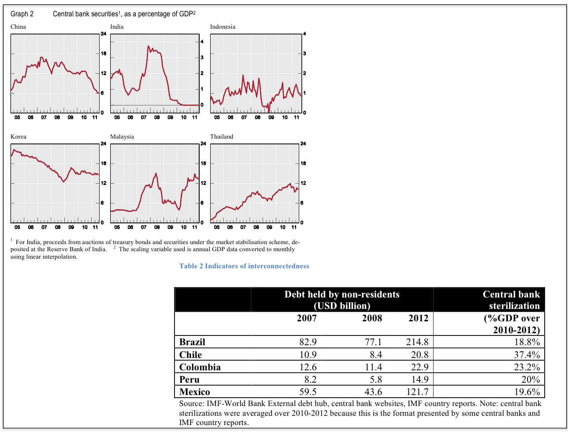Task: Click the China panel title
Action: click(x=18, y=27)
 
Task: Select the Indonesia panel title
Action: click(x=223, y=27)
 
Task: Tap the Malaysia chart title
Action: click(x=122, y=137)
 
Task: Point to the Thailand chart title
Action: click(x=222, y=137)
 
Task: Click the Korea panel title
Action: click(x=19, y=137)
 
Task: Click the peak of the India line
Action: click(x=148, y=46)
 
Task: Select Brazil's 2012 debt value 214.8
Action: click(x=417, y=342)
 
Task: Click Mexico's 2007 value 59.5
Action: click(x=307, y=392)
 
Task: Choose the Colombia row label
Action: click(x=200, y=367)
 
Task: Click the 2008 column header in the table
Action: click(x=372, y=318)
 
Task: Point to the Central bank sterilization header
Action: click(x=511, y=300)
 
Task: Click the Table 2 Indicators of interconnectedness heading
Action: click(x=244, y=266)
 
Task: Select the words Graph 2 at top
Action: click(x=22, y=14)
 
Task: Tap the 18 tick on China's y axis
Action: click(x=104, y=54)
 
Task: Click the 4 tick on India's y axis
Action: click(x=202, y=42)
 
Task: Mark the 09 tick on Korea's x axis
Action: click(x=71, y=227)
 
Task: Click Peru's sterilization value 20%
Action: click(x=530, y=380)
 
